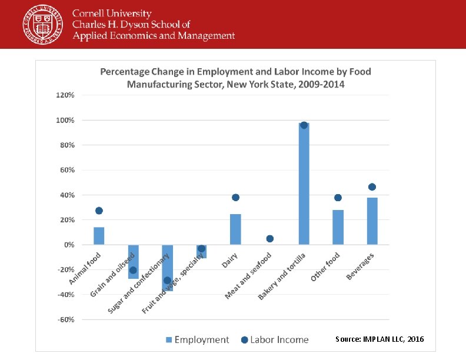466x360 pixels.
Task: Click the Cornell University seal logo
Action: pos(41,24)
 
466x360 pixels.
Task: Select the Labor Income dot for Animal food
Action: pos(99,211)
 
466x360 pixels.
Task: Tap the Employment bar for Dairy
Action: pos(235,229)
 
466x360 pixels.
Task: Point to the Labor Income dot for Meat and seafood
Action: pos(269,239)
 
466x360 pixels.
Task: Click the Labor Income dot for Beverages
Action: pos(372,187)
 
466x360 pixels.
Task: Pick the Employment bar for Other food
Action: pos(338,227)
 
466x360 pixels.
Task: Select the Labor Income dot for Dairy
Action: pos(235,198)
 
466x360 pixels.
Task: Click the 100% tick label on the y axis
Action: pos(65,120)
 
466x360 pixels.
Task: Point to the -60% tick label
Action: pos(65,319)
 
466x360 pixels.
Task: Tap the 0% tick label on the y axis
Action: pos(68,245)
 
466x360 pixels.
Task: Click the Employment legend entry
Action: pos(197,339)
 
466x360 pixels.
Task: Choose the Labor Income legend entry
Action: pos(275,339)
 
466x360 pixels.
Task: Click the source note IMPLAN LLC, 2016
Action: pos(379,339)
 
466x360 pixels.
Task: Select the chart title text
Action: pos(235,78)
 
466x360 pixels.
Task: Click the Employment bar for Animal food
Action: pos(99,236)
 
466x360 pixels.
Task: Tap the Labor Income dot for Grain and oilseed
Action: pos(133,271)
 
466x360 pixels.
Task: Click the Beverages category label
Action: pos(360,266)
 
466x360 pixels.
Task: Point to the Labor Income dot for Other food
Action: pos(338,198)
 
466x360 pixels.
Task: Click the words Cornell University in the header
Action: pos(112,13)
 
